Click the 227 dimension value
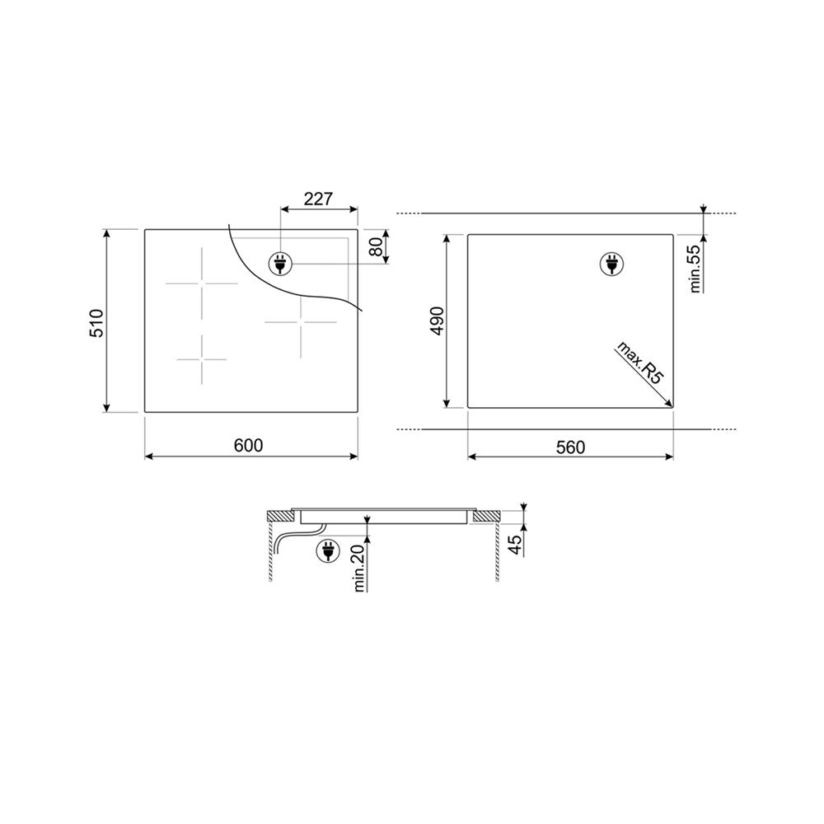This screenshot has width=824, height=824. pyautogui.click(x=318, y=199)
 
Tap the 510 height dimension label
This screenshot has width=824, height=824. pyautogui.click(x=98, y=323)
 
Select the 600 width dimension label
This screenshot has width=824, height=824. pyautogui.click(x=248, y=445)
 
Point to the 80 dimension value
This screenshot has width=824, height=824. pyautogui.click(x=377, y=247)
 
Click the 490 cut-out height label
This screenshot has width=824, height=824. pyautogui.click(x=438, y=321)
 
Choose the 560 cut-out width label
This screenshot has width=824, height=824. pyautogui.click(x=570, y=447)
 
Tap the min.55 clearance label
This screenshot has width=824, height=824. pyautogui.click(x=695, y=269)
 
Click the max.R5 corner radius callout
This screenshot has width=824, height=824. pyautogui.click(x=639, y=363)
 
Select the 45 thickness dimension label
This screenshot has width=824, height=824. pyautogui.click(x=517, y=543)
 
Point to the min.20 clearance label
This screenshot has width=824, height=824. pyautogui.click(x=359, y=568)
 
